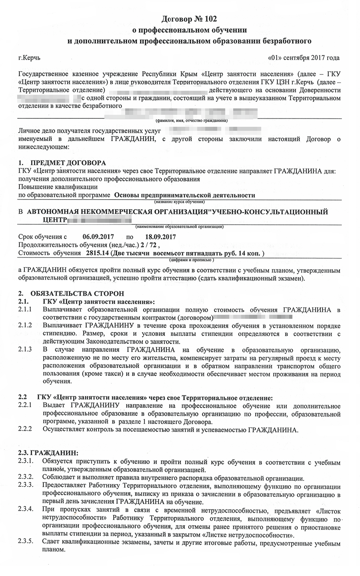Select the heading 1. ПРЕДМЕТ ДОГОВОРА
62,163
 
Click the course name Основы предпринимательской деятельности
184,195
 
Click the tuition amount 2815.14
94,253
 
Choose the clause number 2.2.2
25,430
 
